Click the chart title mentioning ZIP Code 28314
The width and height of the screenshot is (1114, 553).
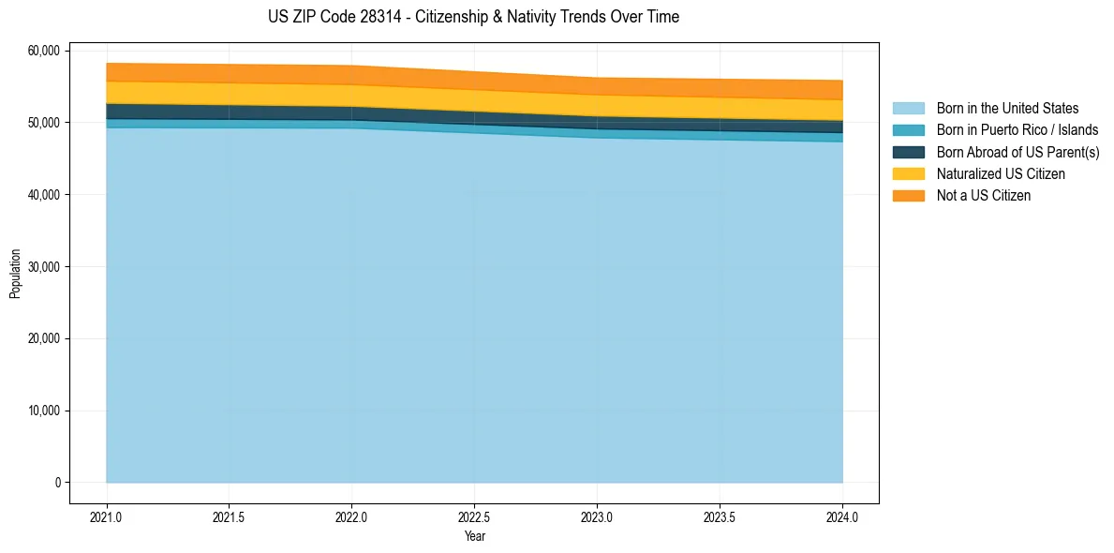click(x=473, y=17)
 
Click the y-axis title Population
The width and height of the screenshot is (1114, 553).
click(x=15, y=274)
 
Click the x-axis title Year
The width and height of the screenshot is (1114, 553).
click(x=474, y=536)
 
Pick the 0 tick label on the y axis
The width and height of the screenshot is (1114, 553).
click(x=57, y=483)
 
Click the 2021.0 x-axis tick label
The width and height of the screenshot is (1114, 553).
click(x=107, y=516)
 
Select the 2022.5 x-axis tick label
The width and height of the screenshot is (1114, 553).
click(x=475, y=516)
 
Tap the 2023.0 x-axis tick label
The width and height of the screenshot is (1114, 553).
click(x=597, y=516)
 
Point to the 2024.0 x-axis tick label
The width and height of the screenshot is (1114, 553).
click(x=842, y=516)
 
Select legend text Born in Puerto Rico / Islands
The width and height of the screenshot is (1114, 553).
click(x=1017, y=130)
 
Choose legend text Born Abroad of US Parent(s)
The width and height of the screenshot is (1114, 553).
click(x=1017, y=152)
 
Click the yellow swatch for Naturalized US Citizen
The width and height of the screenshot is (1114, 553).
click(x=908, y=173)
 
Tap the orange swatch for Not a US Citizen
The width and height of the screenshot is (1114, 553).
click(x=908, y=195)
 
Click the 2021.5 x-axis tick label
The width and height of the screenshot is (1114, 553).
click(x=230, y=516)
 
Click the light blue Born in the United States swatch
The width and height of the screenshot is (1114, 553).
click(x=908, y=109)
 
